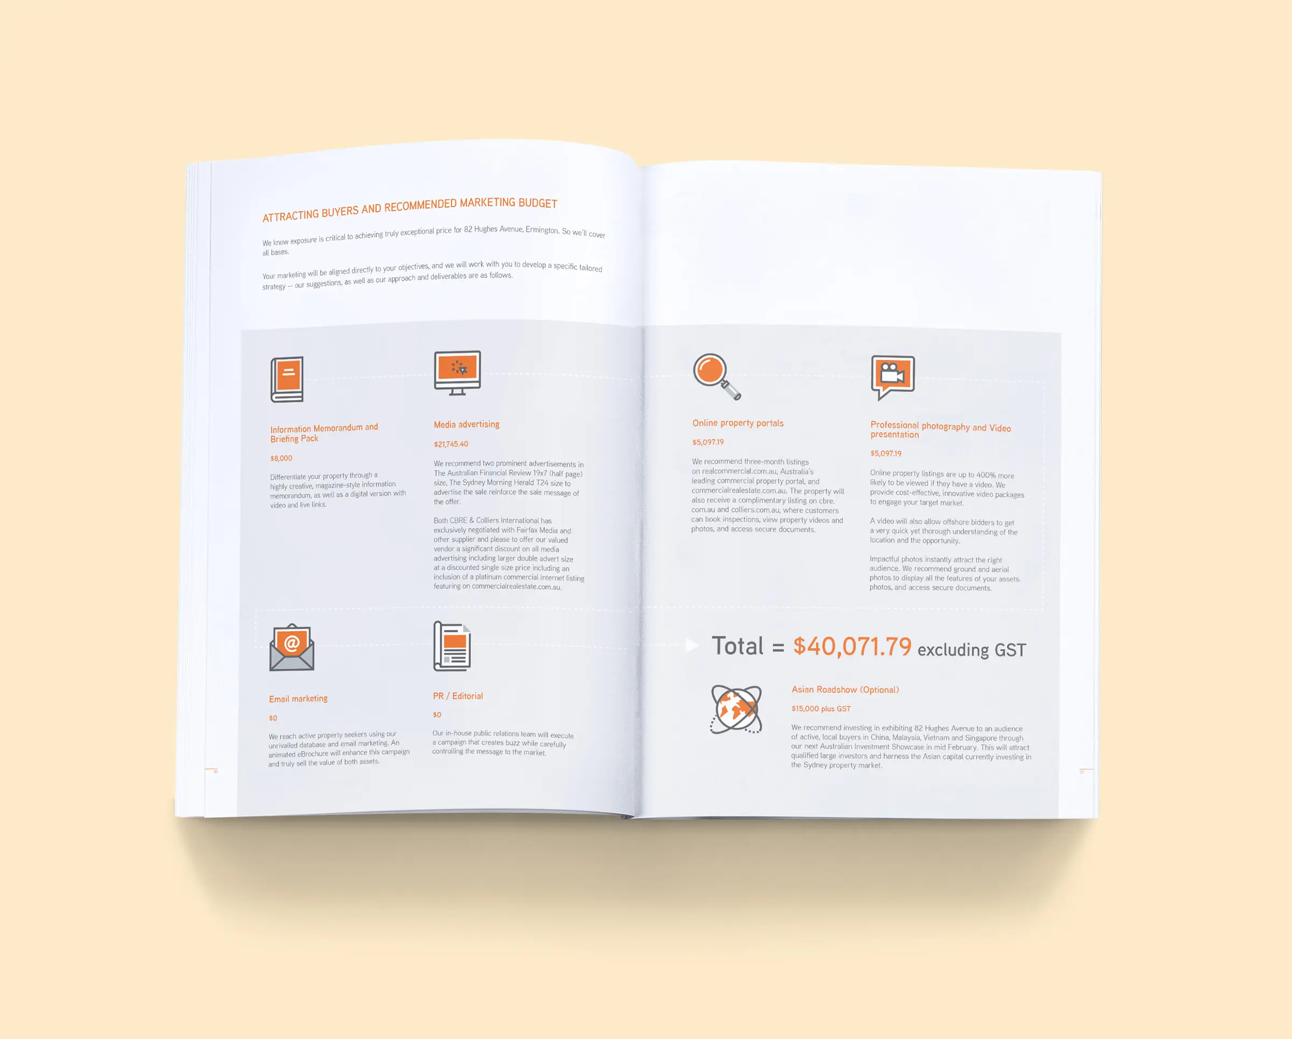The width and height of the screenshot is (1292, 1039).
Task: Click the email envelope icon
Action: click(292, 647)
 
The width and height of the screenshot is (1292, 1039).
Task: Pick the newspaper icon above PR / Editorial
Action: click(452, 646)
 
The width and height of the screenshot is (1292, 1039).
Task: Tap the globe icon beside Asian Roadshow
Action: click(736, 709)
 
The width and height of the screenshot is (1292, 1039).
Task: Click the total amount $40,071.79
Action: click(852, 646)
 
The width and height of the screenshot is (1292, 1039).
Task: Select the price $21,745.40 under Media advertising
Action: click(451, 444)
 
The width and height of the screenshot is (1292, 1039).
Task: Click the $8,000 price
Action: click(281, 458)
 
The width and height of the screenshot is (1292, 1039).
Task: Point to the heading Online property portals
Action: click(738, 423)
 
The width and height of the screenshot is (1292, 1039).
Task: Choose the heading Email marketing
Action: click(298, 699)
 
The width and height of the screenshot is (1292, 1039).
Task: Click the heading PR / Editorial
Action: click(458, 696)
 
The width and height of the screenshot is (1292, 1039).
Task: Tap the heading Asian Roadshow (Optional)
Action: click(845, 689)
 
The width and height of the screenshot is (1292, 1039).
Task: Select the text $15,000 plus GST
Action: click(821, 709)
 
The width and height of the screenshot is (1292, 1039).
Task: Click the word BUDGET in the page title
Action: click(538, 203)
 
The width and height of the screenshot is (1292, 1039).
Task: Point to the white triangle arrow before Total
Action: click(692, 645)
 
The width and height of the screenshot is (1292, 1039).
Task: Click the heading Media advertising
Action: click(467, 424)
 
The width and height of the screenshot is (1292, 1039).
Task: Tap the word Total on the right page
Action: click(738, 646)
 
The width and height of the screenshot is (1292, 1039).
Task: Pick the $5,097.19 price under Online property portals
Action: click(708, 442)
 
